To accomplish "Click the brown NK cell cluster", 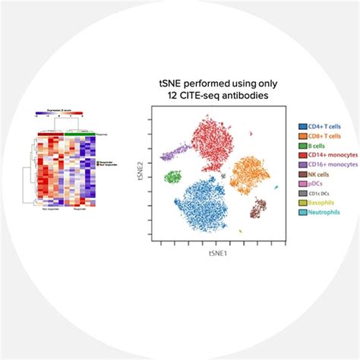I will (x=260, y=207).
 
